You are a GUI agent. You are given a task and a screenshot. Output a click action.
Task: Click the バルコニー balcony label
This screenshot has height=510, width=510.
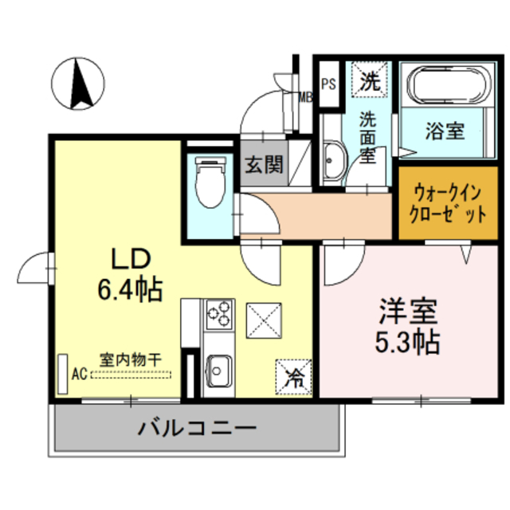pos(198,429)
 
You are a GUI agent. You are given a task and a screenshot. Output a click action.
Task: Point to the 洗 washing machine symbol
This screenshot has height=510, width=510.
pos(369,80)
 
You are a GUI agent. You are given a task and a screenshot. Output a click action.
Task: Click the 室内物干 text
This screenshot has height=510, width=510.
pos(130,359)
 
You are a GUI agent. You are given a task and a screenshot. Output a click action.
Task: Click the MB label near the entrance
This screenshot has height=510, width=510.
pos(305,98)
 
